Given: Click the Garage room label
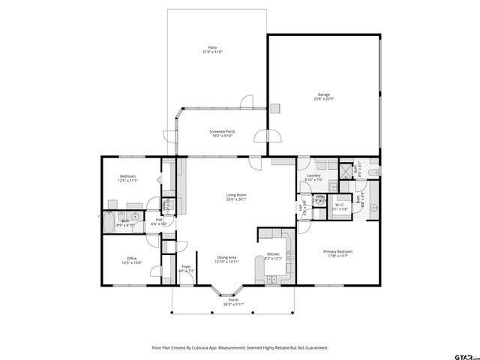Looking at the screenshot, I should (323, 94).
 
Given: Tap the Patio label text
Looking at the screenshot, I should (213, 47).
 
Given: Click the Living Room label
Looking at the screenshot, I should (236, 195).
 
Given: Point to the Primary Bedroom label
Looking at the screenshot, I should (337, 251).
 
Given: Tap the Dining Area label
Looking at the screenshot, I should (227, 257).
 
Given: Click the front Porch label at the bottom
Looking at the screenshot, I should (233, 299).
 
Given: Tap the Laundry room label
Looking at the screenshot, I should (313, 175).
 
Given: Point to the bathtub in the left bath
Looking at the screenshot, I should (109, 222).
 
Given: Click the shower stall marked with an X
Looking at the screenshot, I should (346, 170).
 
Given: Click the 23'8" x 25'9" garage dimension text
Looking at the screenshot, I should (323, 99).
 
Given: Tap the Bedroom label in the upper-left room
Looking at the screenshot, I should (127, 176).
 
